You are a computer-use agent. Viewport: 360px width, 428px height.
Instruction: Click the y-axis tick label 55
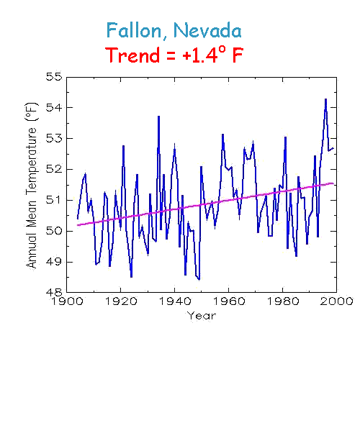point(54,77)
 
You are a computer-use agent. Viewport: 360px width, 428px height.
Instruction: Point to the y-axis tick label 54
point(54,108)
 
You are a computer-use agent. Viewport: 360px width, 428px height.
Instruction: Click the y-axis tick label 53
point(54,139)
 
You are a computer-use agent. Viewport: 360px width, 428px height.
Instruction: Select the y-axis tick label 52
point(54,170)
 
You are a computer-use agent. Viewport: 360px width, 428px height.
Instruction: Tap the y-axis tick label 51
point(54,201)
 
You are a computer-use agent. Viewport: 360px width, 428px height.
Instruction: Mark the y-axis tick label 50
point(54,231)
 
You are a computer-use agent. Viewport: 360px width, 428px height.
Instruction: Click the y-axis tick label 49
point(54,262)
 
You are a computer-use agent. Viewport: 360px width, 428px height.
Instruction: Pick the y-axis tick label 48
point(54,293)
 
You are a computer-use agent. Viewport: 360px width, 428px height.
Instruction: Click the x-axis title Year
point(201,316)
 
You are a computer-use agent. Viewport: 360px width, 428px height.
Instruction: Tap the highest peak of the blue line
point(325,99)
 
